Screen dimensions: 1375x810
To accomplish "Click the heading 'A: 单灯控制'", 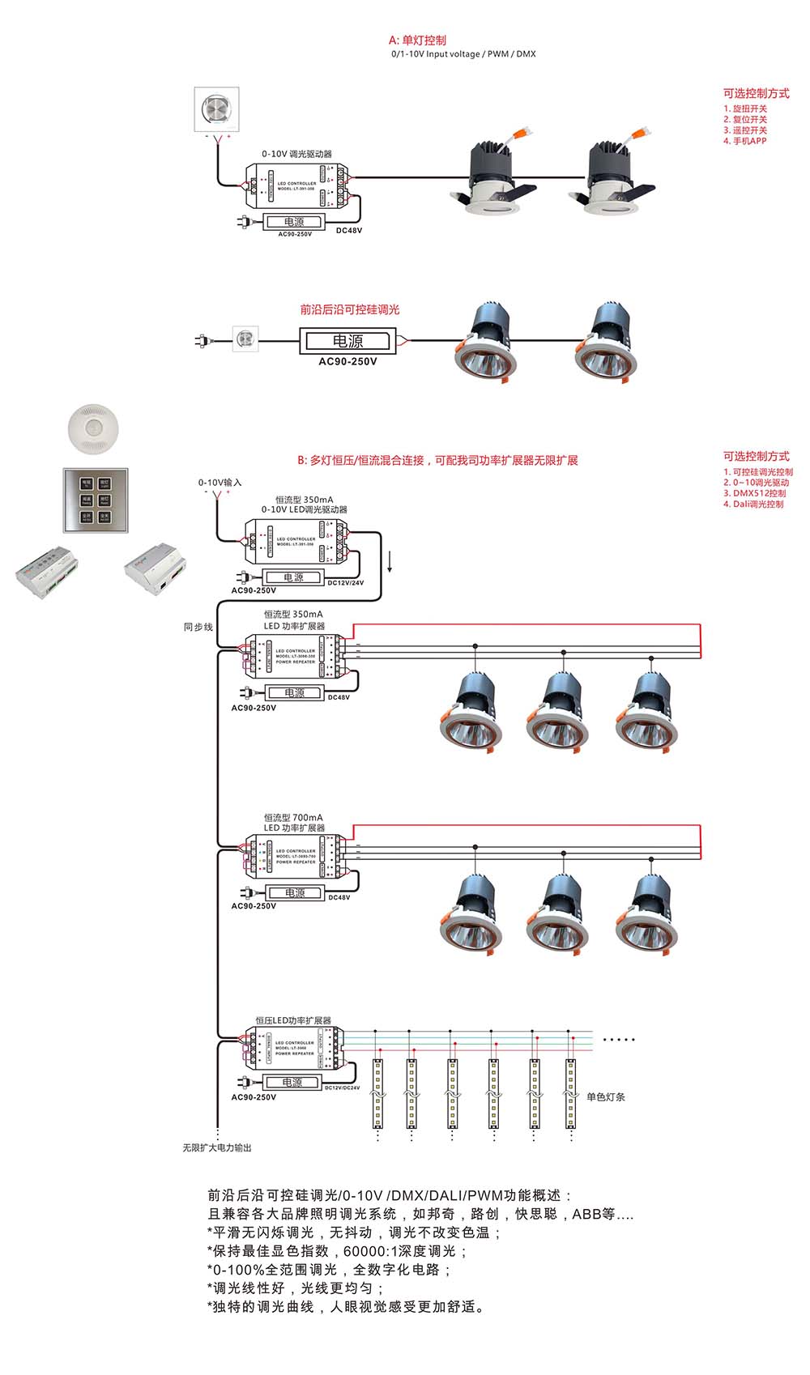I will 417,40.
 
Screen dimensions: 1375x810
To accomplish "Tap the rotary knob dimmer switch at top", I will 216,109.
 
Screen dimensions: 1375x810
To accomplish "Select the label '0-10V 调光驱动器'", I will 296,154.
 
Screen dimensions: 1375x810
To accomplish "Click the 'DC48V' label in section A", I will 349,231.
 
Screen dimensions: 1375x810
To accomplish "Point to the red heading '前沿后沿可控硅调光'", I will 349,309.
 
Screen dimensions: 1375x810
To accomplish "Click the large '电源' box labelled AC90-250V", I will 347,342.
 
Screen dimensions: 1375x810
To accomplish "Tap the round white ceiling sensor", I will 95,428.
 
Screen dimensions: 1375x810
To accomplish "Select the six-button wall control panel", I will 96,500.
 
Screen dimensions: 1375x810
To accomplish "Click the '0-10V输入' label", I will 220,483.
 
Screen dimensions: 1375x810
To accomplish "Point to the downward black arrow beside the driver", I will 390,561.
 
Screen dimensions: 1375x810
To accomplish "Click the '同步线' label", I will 198,627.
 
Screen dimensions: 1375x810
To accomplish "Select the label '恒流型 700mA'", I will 293,818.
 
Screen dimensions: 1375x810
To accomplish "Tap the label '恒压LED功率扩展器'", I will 293,1020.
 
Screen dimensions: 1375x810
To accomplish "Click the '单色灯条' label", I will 605,1096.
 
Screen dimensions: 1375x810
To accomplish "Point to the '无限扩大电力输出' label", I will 216,1147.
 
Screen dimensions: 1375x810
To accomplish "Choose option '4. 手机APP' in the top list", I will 745,141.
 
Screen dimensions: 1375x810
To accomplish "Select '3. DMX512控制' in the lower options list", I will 754,493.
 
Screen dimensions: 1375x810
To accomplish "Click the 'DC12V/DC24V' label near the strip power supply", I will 342,1088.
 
